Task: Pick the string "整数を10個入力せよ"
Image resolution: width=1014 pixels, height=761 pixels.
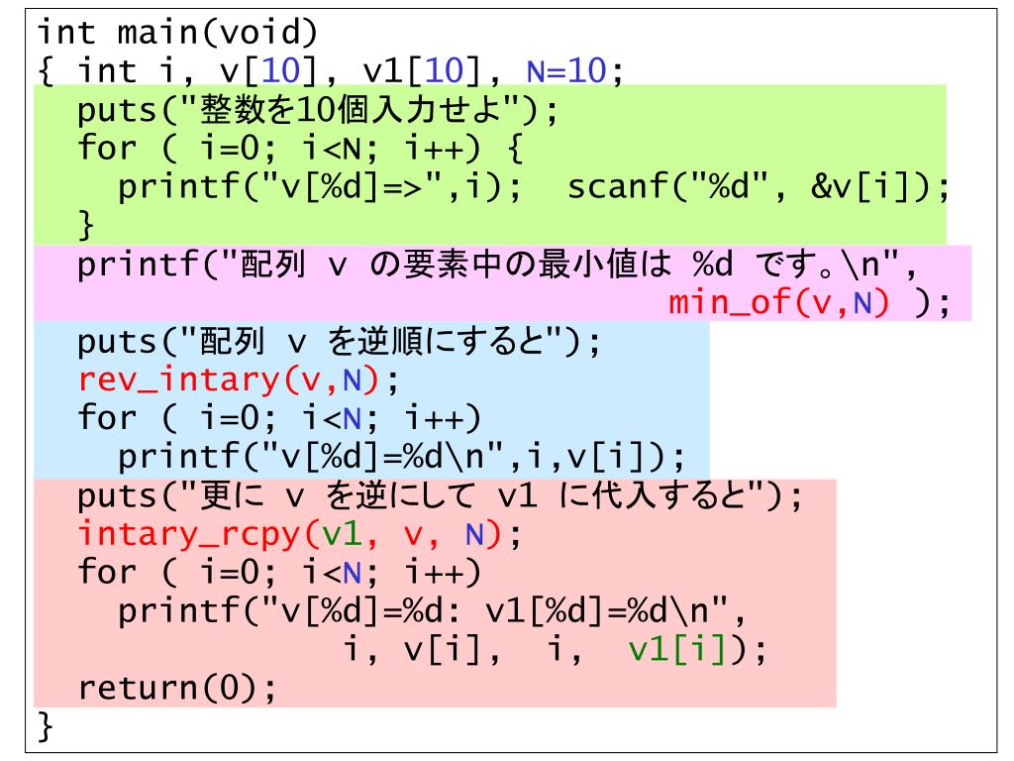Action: click(337, 111)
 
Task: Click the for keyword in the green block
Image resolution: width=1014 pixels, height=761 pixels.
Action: click(106, 151)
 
